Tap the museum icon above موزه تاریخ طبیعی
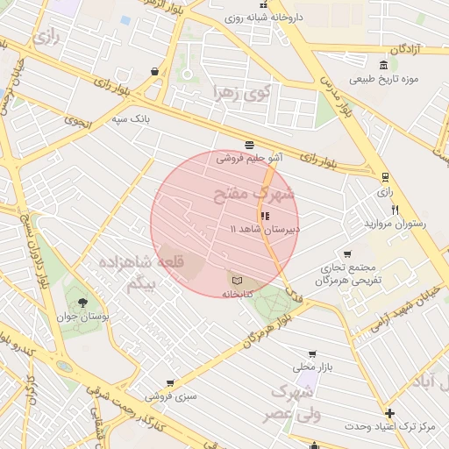click(x=383, y=65)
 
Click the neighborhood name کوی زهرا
click(x=242, y=91)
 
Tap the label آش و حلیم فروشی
click(x=249, y=158)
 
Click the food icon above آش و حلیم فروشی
click(x=250, y=144)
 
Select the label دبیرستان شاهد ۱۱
click(x=264, y=228)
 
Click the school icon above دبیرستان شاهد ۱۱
click(x=264, y=215)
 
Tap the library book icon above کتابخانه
click(x=236, y=280)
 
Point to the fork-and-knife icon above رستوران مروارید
click(x=396, y=210)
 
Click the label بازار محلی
click(x=309, y=366)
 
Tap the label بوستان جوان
click(x=82, y=317)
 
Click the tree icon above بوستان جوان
click(x=82, y=303)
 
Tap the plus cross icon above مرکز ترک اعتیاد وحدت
click(x=389, y=412)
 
